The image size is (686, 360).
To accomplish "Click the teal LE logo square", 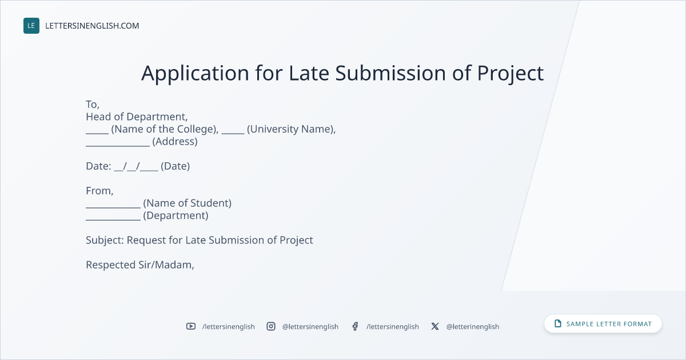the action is (31, 26).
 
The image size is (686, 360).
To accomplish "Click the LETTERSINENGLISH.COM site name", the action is (92, 26).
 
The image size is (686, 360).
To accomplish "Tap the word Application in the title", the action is (195, 74).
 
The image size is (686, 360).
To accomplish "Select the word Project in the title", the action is (510, 74).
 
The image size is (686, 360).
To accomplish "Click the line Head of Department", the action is (137, 117).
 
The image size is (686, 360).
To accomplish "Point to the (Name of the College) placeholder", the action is (165, 129).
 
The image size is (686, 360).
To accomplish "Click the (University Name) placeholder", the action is (291, 129).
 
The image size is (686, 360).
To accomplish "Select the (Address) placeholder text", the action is (175, 142).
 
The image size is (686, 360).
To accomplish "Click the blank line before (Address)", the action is (118, 146).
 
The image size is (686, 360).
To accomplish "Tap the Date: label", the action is (98, 166).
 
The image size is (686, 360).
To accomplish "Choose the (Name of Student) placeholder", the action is (187, 203).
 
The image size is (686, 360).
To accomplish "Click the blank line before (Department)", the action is (113, 220).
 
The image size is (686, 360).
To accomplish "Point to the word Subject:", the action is (105, 241).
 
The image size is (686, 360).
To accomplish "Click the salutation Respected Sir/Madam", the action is (140, 265).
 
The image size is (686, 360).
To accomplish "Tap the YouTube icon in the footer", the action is (191, 326).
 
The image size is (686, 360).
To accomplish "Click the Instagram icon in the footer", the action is (271, 326).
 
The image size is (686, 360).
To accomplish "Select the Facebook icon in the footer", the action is (355, 326).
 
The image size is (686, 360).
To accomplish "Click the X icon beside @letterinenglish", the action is (435, 326).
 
